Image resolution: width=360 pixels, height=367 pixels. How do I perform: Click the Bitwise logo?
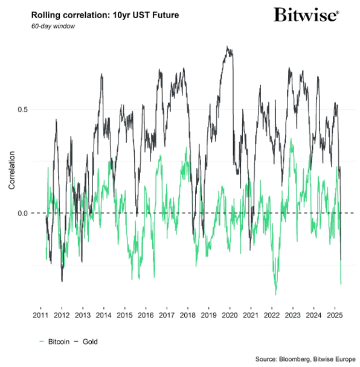click(306, 15)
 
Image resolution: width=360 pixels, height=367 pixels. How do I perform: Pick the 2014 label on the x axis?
click(103, 316)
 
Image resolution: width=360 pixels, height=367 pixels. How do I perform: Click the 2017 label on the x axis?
click(166, 316)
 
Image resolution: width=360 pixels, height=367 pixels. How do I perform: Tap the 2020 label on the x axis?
click(230, 316)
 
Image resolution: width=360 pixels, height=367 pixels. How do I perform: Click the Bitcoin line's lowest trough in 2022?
click(276, 295)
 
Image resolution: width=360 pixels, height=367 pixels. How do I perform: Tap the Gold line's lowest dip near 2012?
click(62, 281)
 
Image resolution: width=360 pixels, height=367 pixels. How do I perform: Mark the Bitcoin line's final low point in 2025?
click(341, 284)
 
